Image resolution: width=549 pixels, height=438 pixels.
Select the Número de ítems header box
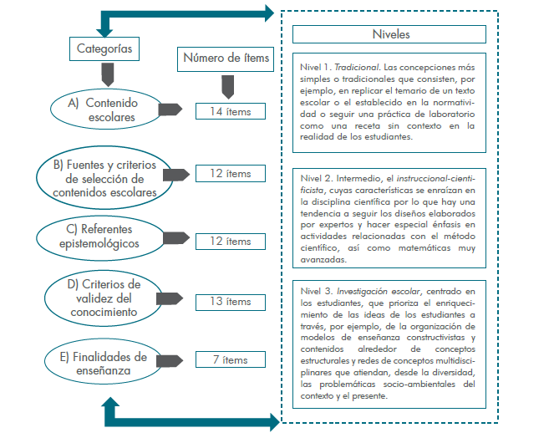[x=225, y=59]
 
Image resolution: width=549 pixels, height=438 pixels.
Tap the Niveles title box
[x=390, y=34]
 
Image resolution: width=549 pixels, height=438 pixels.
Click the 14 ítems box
[x=231, y=111]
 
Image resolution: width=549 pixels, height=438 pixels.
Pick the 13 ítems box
[x=231, y=302]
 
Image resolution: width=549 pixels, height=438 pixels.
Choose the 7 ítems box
[x=231, y=360]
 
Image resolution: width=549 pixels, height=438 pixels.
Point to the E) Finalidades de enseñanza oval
[x=102, y=358]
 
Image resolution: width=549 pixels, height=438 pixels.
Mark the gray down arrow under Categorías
[x=104, y=77]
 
